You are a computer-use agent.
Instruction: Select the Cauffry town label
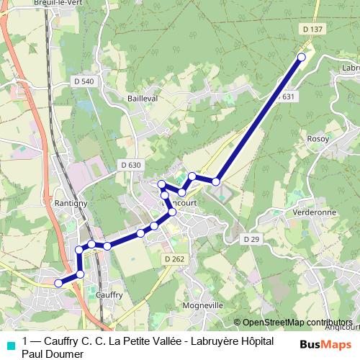pos(109,294)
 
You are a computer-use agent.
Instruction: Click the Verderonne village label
pos(315,214)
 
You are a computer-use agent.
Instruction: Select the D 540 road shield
pos(84,81)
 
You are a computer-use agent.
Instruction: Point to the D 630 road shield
pos(130,165)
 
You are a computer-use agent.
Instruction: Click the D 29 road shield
pos(251,238)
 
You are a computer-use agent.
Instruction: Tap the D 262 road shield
pos(174,259)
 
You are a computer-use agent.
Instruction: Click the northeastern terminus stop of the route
pos(301,57)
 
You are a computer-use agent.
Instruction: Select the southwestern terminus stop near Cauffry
pos(59,283)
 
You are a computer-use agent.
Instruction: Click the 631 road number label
pos(289,96)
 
